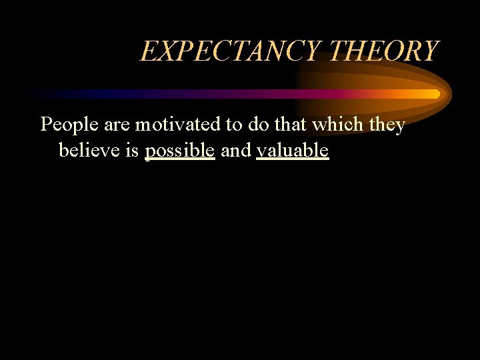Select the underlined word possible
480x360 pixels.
coord(180,151)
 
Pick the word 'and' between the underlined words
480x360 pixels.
coord(235,151)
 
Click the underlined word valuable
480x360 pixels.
coord(293,151)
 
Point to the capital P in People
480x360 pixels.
coord(47,125)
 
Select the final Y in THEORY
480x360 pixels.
coord(431,51)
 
